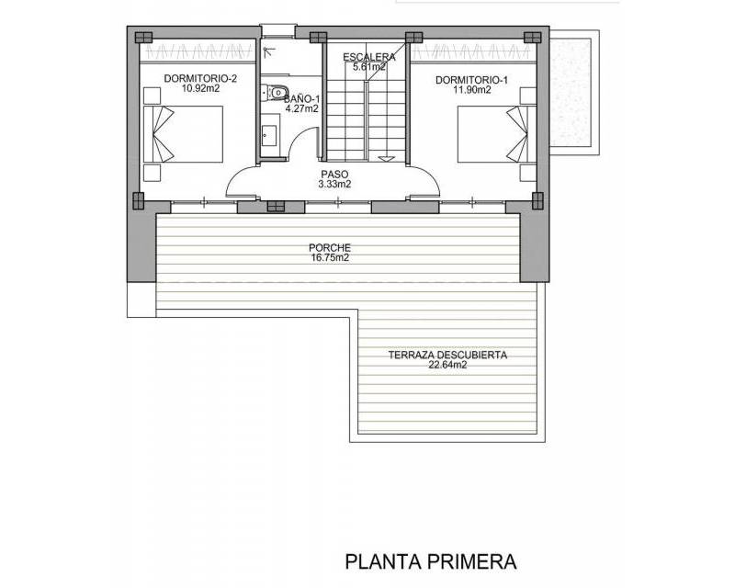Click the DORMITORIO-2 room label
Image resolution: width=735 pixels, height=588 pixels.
point(200,78)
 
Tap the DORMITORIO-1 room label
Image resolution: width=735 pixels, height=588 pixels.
point(471,80)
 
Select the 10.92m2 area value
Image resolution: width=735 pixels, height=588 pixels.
point(201,88)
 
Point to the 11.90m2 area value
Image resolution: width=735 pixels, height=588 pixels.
point(472,90)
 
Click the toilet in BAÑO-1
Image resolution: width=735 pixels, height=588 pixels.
point(274,92)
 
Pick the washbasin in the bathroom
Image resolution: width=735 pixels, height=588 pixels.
point(267,135)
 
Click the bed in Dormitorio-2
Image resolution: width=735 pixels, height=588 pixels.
point(183,134)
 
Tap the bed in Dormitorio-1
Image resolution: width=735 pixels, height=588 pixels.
point(497,134)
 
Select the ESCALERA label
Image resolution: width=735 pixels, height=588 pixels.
point(369,57)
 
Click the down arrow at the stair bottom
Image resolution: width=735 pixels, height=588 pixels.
point(386,159)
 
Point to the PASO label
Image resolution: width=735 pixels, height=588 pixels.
point(334,175)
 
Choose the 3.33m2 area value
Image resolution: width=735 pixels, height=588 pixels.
point(334,185)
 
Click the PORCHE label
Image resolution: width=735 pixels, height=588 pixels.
point(330,247)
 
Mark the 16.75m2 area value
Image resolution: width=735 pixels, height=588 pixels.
point(330,257)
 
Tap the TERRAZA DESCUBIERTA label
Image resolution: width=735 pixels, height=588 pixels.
point(447,355)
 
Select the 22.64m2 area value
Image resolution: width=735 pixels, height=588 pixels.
point(447,365)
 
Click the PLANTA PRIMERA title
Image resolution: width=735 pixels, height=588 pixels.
point(431,561)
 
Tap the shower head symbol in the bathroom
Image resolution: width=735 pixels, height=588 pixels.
point(267,51)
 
